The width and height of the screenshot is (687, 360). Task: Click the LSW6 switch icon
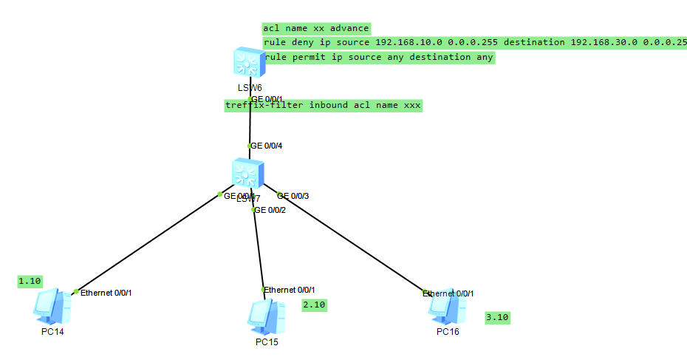[x=245, y=63]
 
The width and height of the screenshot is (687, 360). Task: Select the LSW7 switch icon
[x=245, y=173]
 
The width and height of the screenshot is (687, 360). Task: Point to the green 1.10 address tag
[x=30, y=281]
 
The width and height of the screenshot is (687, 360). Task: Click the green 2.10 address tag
[x=314, y=304]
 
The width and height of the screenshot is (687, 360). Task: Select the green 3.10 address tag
[x=497, y=318]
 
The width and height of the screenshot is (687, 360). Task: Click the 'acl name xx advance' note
[x=315, y=28]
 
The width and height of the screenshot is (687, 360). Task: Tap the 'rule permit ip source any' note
[x=379, y=57]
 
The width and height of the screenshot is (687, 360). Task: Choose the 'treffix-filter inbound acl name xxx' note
[x=323, y=106]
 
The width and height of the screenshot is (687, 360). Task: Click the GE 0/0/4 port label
[x=267, y=146]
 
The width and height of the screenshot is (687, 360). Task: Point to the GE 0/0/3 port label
[x=294, y=196]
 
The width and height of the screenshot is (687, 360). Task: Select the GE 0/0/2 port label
[x=271, y=210]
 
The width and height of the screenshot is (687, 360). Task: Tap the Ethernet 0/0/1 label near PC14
[x=106, y=293]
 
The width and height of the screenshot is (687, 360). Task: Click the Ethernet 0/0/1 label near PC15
[x=294, y=290]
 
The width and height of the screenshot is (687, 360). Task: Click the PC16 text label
[x=448, y=331]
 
